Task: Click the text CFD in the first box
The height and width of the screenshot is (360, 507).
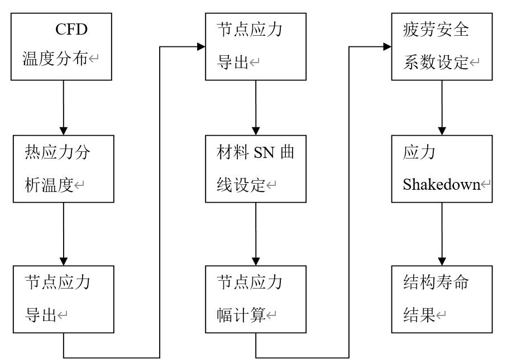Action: pyautogui.click(x=71, y=30)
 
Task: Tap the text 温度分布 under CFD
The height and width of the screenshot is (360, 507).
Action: pyautogui.click(x=55, y=59)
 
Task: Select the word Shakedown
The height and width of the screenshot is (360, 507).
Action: pyautogui.click(x=441, y=185)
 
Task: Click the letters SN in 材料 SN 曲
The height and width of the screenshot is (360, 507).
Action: pyautogui.click(x=265, y=152)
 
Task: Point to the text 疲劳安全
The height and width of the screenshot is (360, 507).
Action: pyautogui.click(x=436, y=30)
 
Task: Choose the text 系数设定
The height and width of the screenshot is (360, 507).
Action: pyautogui.click(x=436, y=62)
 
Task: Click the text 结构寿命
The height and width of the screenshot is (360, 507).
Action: pyautogui.click(x=436, y=282)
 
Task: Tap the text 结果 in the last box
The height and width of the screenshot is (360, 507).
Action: pyautogui.click(x=419, y=314)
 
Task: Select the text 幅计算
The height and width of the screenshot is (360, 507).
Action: pyautogui.click(x=241, y=314)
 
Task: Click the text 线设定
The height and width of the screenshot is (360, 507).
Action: pyautogui.click(x=241, y=185)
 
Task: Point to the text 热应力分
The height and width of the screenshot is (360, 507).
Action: pyautogui.click(x=58, y=152)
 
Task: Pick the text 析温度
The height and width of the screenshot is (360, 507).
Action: pyautogui.click(x=49, y=185)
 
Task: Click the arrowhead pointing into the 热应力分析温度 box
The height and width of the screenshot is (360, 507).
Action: pyautogui.click(x=64, y=131)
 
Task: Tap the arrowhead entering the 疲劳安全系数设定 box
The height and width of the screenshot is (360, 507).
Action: pyautogui.click(x=388, y=46)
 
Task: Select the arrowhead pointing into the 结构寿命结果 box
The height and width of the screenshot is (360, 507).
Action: pyautogui.click(x=442, y=261)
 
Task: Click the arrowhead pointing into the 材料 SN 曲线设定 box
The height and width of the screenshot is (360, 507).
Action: pyautogui.click(x=256, y=131)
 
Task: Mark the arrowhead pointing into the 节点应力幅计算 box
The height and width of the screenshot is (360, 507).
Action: pyautogui.click(x=256, y=261)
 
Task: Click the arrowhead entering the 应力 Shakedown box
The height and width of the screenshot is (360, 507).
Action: pyautogui.click(x=442, y=131)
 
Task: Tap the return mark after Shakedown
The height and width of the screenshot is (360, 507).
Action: pyautogui.click(x=486, y=185)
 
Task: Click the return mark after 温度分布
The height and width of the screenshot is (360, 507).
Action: pyautogui.click(x=94, y=59)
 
